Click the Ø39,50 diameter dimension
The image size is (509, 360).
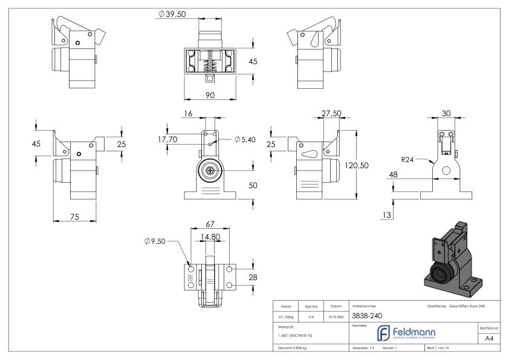[173, 14]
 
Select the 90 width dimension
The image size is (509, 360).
[211, 94]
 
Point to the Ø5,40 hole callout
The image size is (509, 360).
[245, 140]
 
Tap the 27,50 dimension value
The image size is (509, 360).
[331, 113]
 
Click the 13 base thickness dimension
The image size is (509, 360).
[387, 215]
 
